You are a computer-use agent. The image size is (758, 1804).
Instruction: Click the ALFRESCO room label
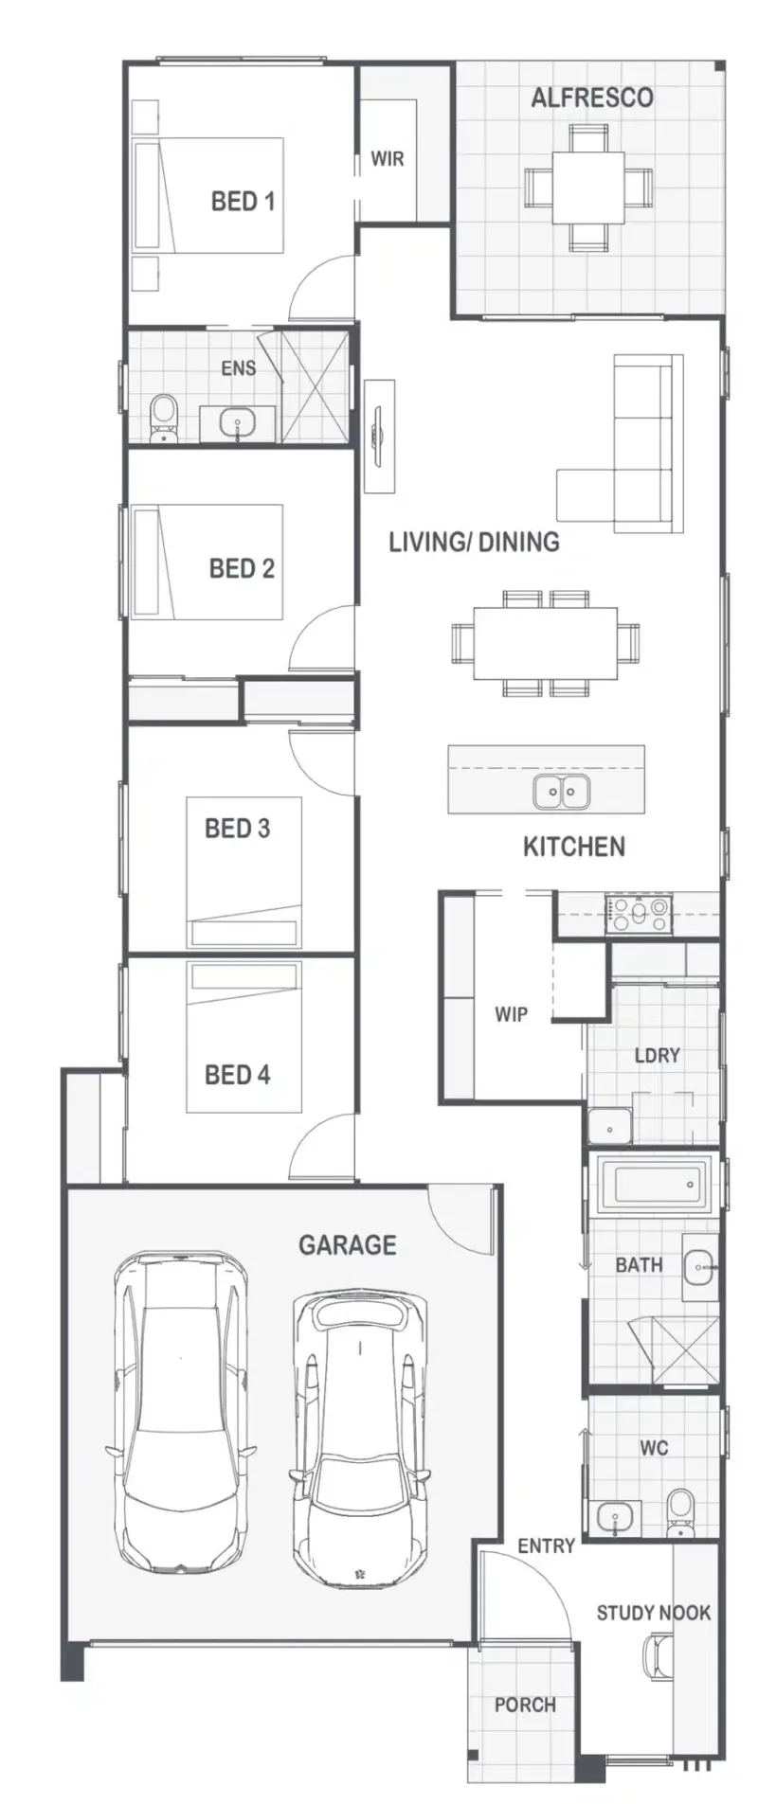tap(591, 98)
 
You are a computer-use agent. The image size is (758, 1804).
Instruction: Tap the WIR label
tap(387, 159)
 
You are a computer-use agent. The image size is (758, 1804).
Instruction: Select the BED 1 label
tap(243, 201)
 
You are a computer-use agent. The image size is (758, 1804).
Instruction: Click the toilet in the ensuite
tap(164, 418)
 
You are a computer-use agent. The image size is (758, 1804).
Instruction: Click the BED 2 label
tap(242, 568)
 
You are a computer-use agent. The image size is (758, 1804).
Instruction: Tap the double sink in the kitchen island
tap(561, 791)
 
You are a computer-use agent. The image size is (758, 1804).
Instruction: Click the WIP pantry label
tap(511, 1014)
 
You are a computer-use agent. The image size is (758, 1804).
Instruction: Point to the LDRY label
tap(657, 1055)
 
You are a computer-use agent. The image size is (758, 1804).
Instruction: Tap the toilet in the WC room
tap(679, 1512)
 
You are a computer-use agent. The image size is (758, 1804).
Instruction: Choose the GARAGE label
tap(347, 1244)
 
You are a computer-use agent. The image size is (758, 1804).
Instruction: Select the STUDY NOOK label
tap(653, 1613)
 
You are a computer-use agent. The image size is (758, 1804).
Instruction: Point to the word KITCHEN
tap(574, 847)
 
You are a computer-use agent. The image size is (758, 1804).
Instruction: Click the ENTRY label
tap(546, 1545)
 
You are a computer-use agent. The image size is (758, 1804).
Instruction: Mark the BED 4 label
tap(237, 1075)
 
